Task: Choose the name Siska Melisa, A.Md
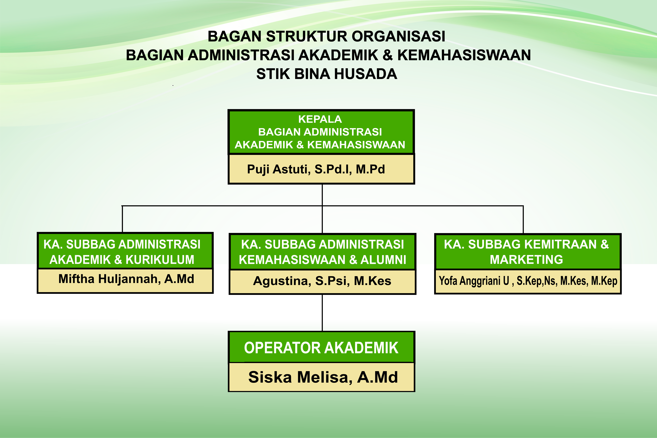[x=323, y=377]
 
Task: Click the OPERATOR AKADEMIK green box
[x=321, y=348]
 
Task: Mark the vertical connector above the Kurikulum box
[x=122, y=219]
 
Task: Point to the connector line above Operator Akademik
[x=322, y=313]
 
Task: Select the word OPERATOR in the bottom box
[x=282, y=348]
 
